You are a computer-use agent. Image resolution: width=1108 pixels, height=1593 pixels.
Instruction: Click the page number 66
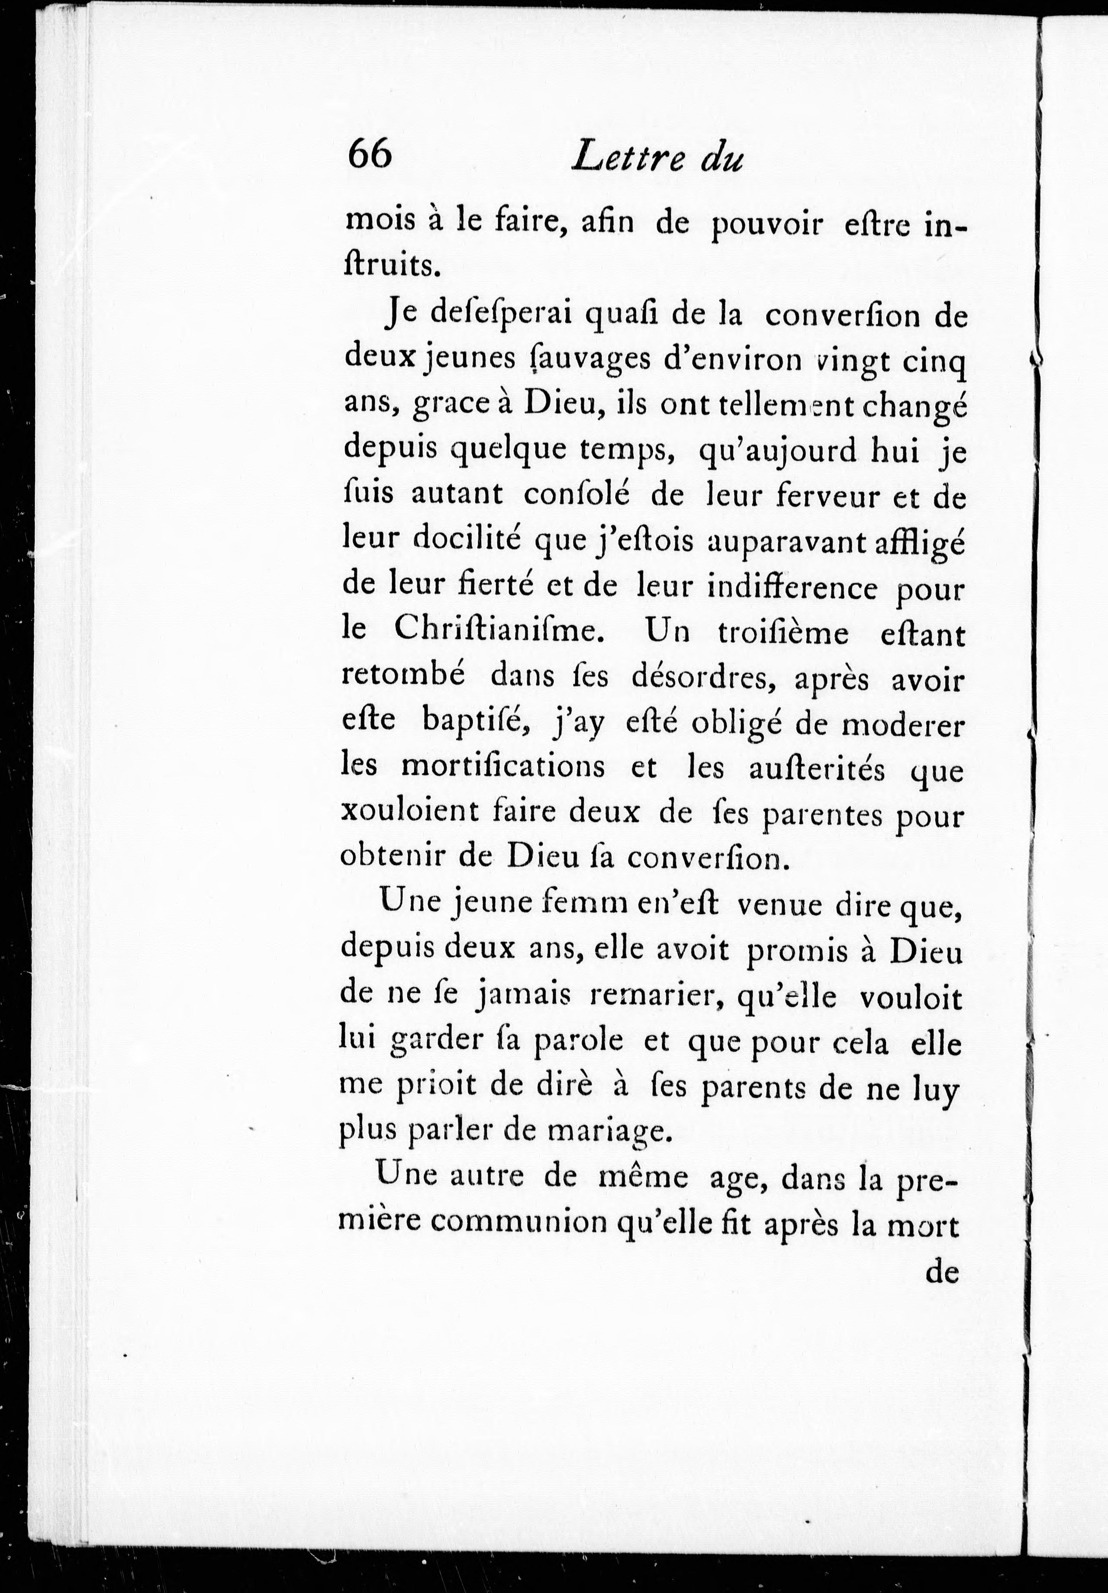370,154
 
